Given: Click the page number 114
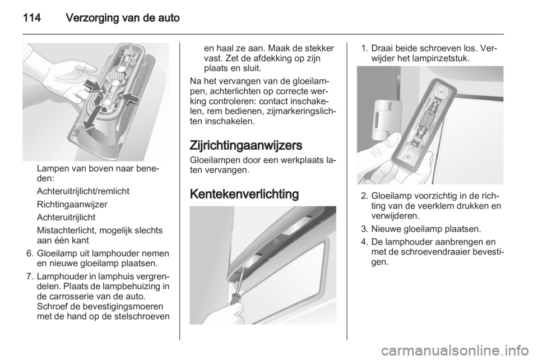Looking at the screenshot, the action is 32,17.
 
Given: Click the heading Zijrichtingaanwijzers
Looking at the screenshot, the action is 245,145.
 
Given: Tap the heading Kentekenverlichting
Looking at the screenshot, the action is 244,194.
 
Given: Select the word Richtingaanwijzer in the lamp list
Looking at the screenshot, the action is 72,205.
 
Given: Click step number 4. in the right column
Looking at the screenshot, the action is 365,242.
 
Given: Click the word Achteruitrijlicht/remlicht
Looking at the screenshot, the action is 83,192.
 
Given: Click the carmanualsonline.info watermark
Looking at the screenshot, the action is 458,350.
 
